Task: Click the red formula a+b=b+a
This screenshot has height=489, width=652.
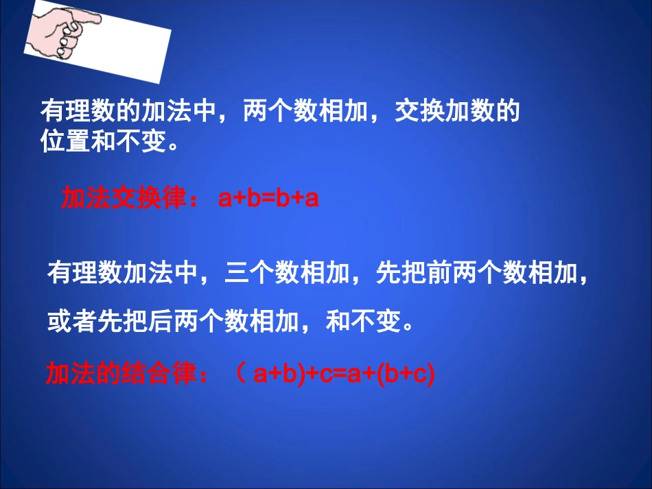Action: [268, 200]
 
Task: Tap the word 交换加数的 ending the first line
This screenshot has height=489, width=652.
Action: [456, 112]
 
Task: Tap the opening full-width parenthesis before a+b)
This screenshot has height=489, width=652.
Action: [239, 375]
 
